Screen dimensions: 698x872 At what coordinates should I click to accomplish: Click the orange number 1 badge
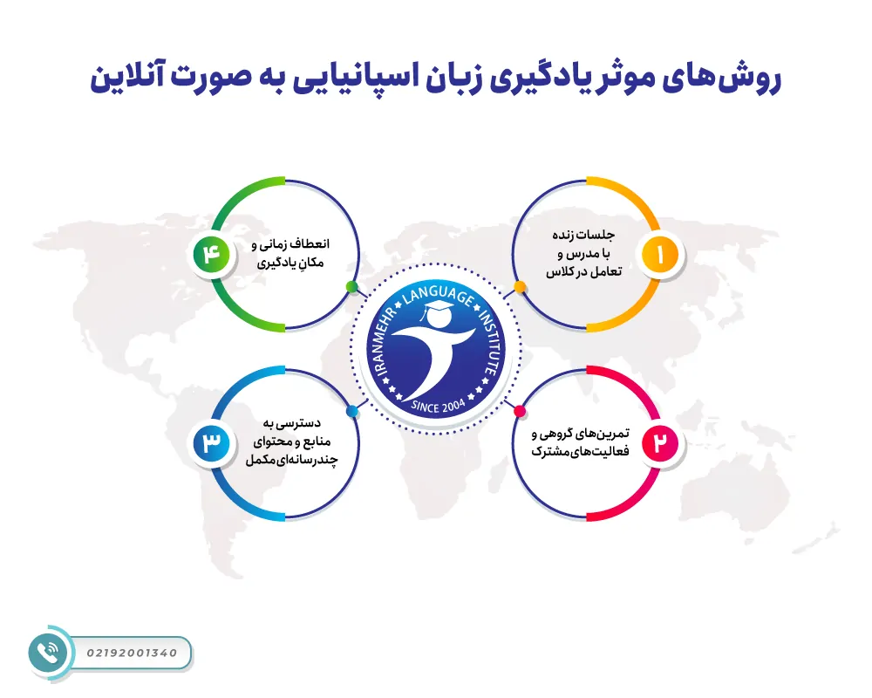tap(660, 255)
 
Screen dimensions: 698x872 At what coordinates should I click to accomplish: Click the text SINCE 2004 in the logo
tap(438, 405)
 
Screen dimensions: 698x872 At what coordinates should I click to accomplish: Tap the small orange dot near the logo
tap(520, 286)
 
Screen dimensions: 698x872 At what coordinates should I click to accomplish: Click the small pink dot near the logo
tap(520, 411)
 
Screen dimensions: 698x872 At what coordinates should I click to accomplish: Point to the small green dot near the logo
tap(351, 286)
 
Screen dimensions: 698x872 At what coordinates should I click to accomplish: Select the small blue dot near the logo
tap(351, 411)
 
